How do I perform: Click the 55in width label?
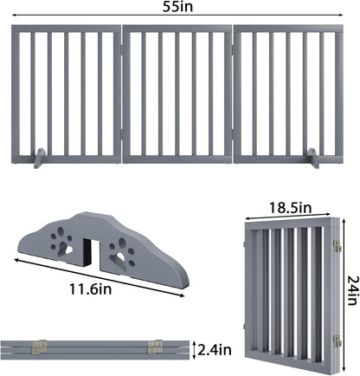(x=180, y=8)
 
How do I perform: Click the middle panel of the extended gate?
(x=177, y=95)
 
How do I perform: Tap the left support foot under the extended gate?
(x=44, y=159)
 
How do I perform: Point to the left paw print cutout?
(x=62, y=243)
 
